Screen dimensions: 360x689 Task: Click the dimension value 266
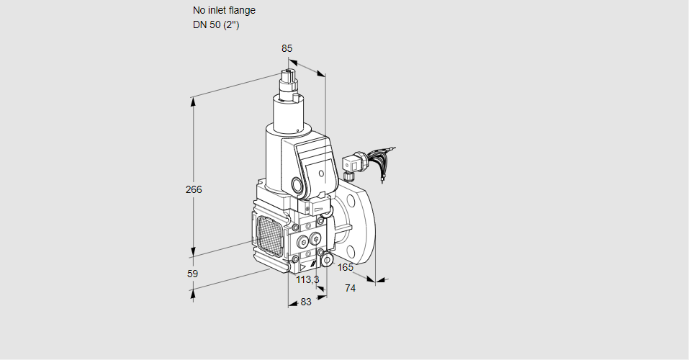click(x=194, y=190)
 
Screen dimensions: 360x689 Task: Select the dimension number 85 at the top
click(x=287, y=48)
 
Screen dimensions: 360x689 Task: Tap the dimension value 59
click(x=192, y=274)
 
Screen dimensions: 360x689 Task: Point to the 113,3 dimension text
click(x=307, y=279)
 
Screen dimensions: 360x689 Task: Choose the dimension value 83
click(x=306, y=302)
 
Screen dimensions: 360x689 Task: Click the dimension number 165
click(x=346, y=268)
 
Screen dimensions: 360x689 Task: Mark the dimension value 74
click(x=351, y=288)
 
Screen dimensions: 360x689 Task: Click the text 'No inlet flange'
click(x=224, y=11)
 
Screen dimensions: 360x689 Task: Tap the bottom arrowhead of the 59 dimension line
click(x=193, y=292)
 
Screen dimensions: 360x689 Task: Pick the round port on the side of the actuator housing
click(x=298, y=184)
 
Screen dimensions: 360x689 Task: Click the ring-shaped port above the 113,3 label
click(x=326, y=260)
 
